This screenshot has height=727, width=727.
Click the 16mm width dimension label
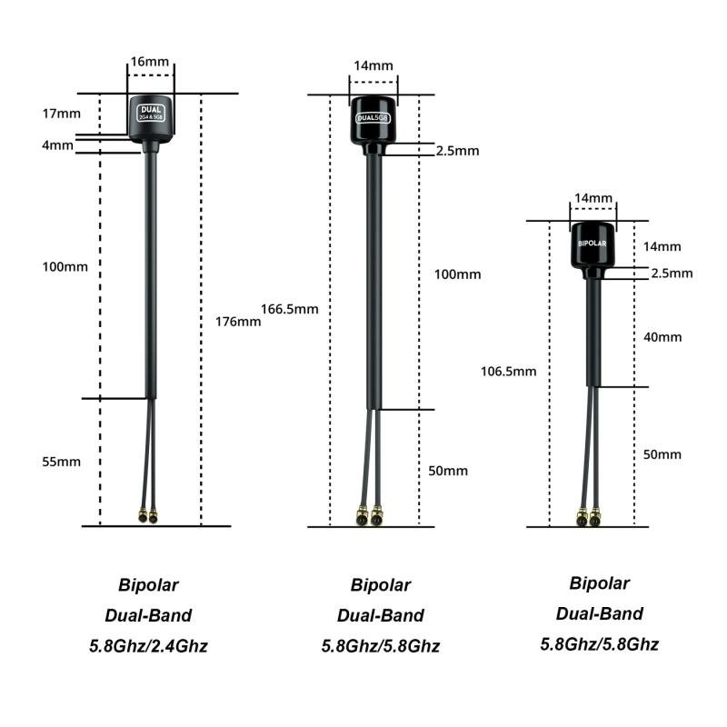pyautogui.click(x=150, y=62)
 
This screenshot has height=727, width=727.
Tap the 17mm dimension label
pyautogui.click(x=61, y=114)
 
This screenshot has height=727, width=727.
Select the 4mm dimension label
pyautogui.click(x=57, y=145)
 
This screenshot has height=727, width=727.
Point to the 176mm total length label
pyautogui.click(x=238, y=322)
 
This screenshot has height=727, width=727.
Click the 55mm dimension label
pyautogui.click(x=61, y=462)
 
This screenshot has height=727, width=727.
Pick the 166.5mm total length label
pyautogui.click(x=290, y=309)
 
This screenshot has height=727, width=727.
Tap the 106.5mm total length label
pyautogui.click(x=509, y=372)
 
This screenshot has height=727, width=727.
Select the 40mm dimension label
pyautogui.click(x=662, y=337)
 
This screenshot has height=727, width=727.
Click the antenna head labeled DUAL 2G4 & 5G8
pyautogui.click(x=151, y=119)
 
